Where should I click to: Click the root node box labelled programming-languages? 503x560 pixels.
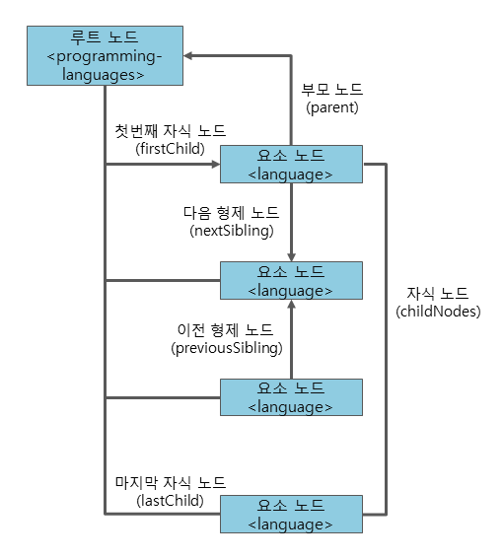(x=105, y=56)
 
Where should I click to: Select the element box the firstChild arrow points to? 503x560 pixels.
(x=291, y=165)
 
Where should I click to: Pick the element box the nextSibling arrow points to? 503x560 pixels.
(x=291, y=281)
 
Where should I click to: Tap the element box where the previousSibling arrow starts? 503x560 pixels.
(x=291, y=397)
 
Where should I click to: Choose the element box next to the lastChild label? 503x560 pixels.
(x=291, y=514)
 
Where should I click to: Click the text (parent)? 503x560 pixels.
(x=332, y=105)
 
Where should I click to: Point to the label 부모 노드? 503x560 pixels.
(x=332, y=88)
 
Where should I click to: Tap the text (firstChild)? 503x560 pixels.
(x=170, y=149)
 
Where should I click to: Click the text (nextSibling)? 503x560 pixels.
(x=231, y=230)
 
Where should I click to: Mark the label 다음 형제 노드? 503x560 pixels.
(x=231, y=212)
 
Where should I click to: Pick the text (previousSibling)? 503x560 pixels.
(x=227, y=347)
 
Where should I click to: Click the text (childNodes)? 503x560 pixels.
(x=438, y=312)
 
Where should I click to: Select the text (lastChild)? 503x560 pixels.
(x=170, y=500)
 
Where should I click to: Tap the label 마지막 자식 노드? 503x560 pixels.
(x=170, y=482)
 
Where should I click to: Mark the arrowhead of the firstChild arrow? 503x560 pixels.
(x=213, y=165)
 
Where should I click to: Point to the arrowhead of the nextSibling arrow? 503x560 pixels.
(x=291, y=255)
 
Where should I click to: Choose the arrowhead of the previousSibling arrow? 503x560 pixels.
(x=291, y=307)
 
